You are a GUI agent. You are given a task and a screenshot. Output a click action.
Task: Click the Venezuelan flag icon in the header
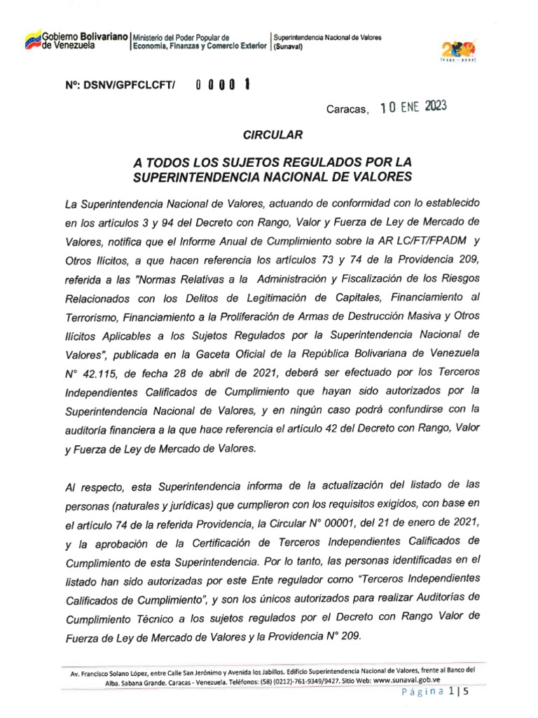click(32, 40)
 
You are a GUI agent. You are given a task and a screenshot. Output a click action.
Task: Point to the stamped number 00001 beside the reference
click(223, 85)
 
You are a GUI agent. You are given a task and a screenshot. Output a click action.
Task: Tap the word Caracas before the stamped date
click(347, 109)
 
